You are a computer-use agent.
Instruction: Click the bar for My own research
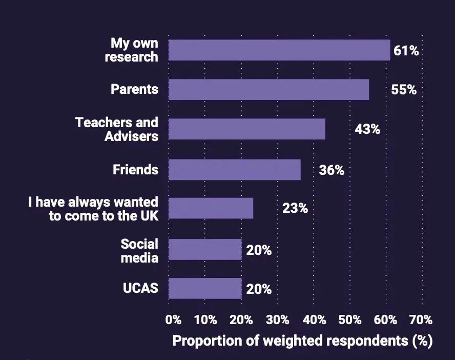coord(279,50)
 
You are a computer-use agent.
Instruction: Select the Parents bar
coord(268,89)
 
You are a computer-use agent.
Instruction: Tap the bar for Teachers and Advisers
coord(246,129)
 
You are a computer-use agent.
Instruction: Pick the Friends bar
coord(234,169)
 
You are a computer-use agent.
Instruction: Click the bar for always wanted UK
coord(211,208)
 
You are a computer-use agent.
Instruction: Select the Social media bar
coord(205,249)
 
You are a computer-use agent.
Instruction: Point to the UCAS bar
coord(205,288)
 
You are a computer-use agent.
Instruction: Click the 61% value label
coord(406,51)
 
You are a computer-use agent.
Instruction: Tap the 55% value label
coord(404,90)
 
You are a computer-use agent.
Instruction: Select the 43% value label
coord(367,129)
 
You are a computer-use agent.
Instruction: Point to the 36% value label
coord(332,170)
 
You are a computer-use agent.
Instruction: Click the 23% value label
coord(295,209)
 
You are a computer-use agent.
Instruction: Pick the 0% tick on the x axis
coord(174,320)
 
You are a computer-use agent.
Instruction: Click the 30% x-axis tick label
coord(278,320)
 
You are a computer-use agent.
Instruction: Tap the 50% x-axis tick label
coord(350,320)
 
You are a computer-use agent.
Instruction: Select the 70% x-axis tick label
coord(421,320)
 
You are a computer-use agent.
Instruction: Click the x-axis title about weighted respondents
coord(302,341)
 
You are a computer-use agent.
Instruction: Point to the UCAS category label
coord(140,288)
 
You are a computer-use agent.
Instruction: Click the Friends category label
coord(135,170)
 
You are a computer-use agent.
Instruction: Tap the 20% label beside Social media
coord(259,250)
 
